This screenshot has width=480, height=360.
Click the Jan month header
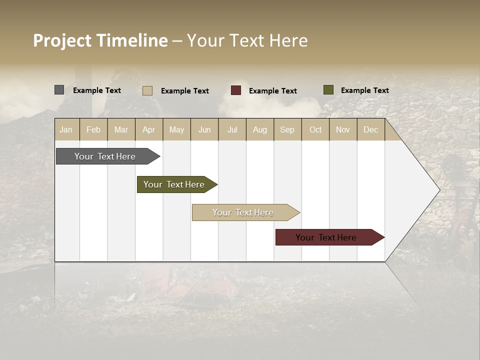tap(66, 129)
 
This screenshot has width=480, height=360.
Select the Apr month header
tap(148, 129)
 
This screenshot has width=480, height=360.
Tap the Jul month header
tap(232, 129)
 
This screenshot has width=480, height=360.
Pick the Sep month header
tap(287, 129)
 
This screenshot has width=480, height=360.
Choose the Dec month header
tap(370, 129)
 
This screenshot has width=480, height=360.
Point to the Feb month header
tap(93, 129)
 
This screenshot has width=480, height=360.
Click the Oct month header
tap(315, 129)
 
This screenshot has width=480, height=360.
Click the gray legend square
tap(59, 90)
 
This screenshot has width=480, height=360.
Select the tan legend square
tap(147, 90)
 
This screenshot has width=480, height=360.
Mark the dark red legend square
tap(235, 90)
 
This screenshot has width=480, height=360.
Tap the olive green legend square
tap(328, 90)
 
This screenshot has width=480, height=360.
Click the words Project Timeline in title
tap(100, 40)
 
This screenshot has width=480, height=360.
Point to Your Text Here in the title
tap(247, 40)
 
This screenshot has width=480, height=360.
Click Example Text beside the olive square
tap(364, 90)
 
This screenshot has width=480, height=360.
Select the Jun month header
tap(204, 129)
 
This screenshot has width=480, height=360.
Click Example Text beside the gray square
tap(96, 90)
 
